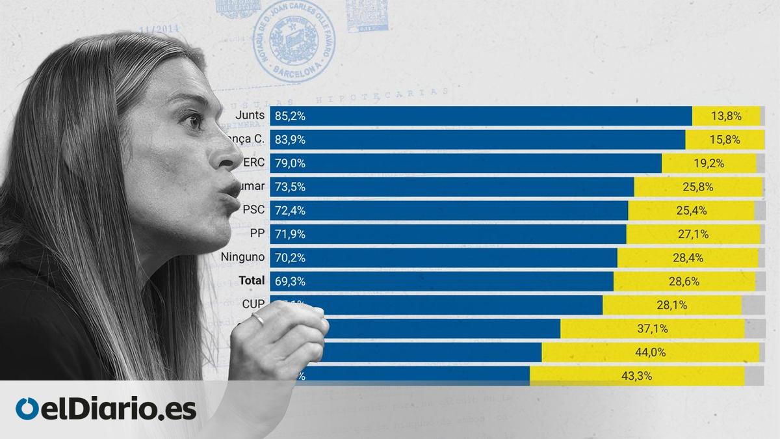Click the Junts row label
(x=252, y=116)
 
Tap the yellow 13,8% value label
(x=726, y=116)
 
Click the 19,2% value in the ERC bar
(x=709, y=163)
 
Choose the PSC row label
(x=253, y=209)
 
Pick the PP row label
(x=257, y=233)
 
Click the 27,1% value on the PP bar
(x=693, y=233)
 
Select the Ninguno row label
(x=242, y=257)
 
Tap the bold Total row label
(x=252, y=280)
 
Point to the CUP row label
(x=253, y=304)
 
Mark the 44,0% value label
(x=650, y=352)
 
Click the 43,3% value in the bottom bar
(x=637, y=375)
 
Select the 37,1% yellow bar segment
(x=652, y=328)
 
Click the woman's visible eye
(x=192, y=121)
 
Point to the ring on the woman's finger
(x=258, y=319)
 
